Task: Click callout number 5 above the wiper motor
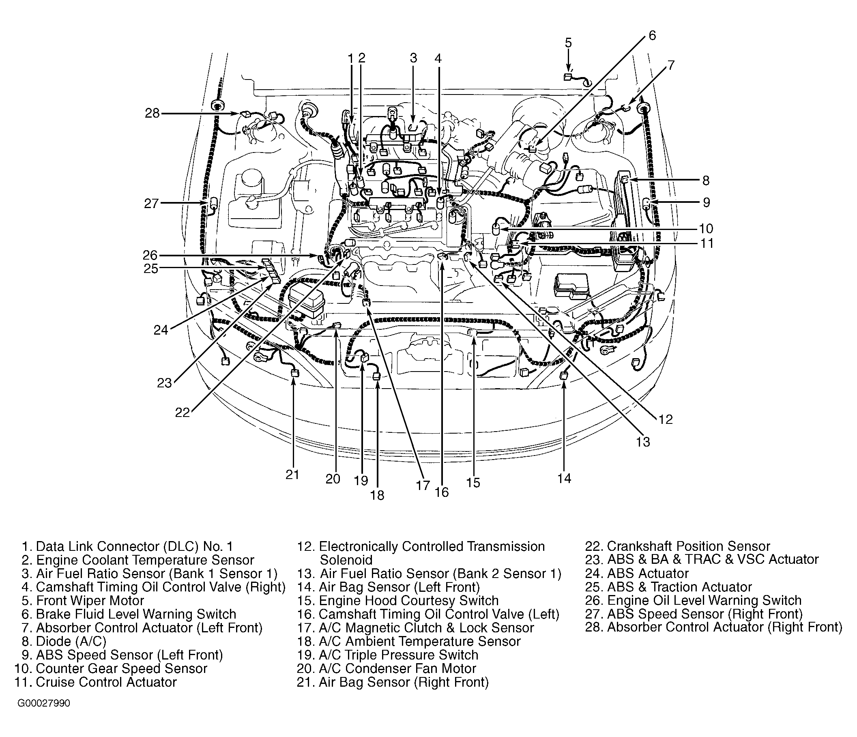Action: [568, 43]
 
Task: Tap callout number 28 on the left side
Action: [152, 113]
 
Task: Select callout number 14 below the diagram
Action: [564, 479]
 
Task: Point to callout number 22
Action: [183, 413]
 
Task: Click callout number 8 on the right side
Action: [706, 180]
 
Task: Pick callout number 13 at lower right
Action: [643, 442]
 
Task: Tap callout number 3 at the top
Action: [414, 58]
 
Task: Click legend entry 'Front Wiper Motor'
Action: [90, 601]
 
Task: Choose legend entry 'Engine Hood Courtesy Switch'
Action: [408, 601]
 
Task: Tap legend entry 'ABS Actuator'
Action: [648, 573]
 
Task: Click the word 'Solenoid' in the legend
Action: [346, 560]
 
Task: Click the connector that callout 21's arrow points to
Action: [294, 373]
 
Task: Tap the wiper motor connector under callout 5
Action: [567, 77]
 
